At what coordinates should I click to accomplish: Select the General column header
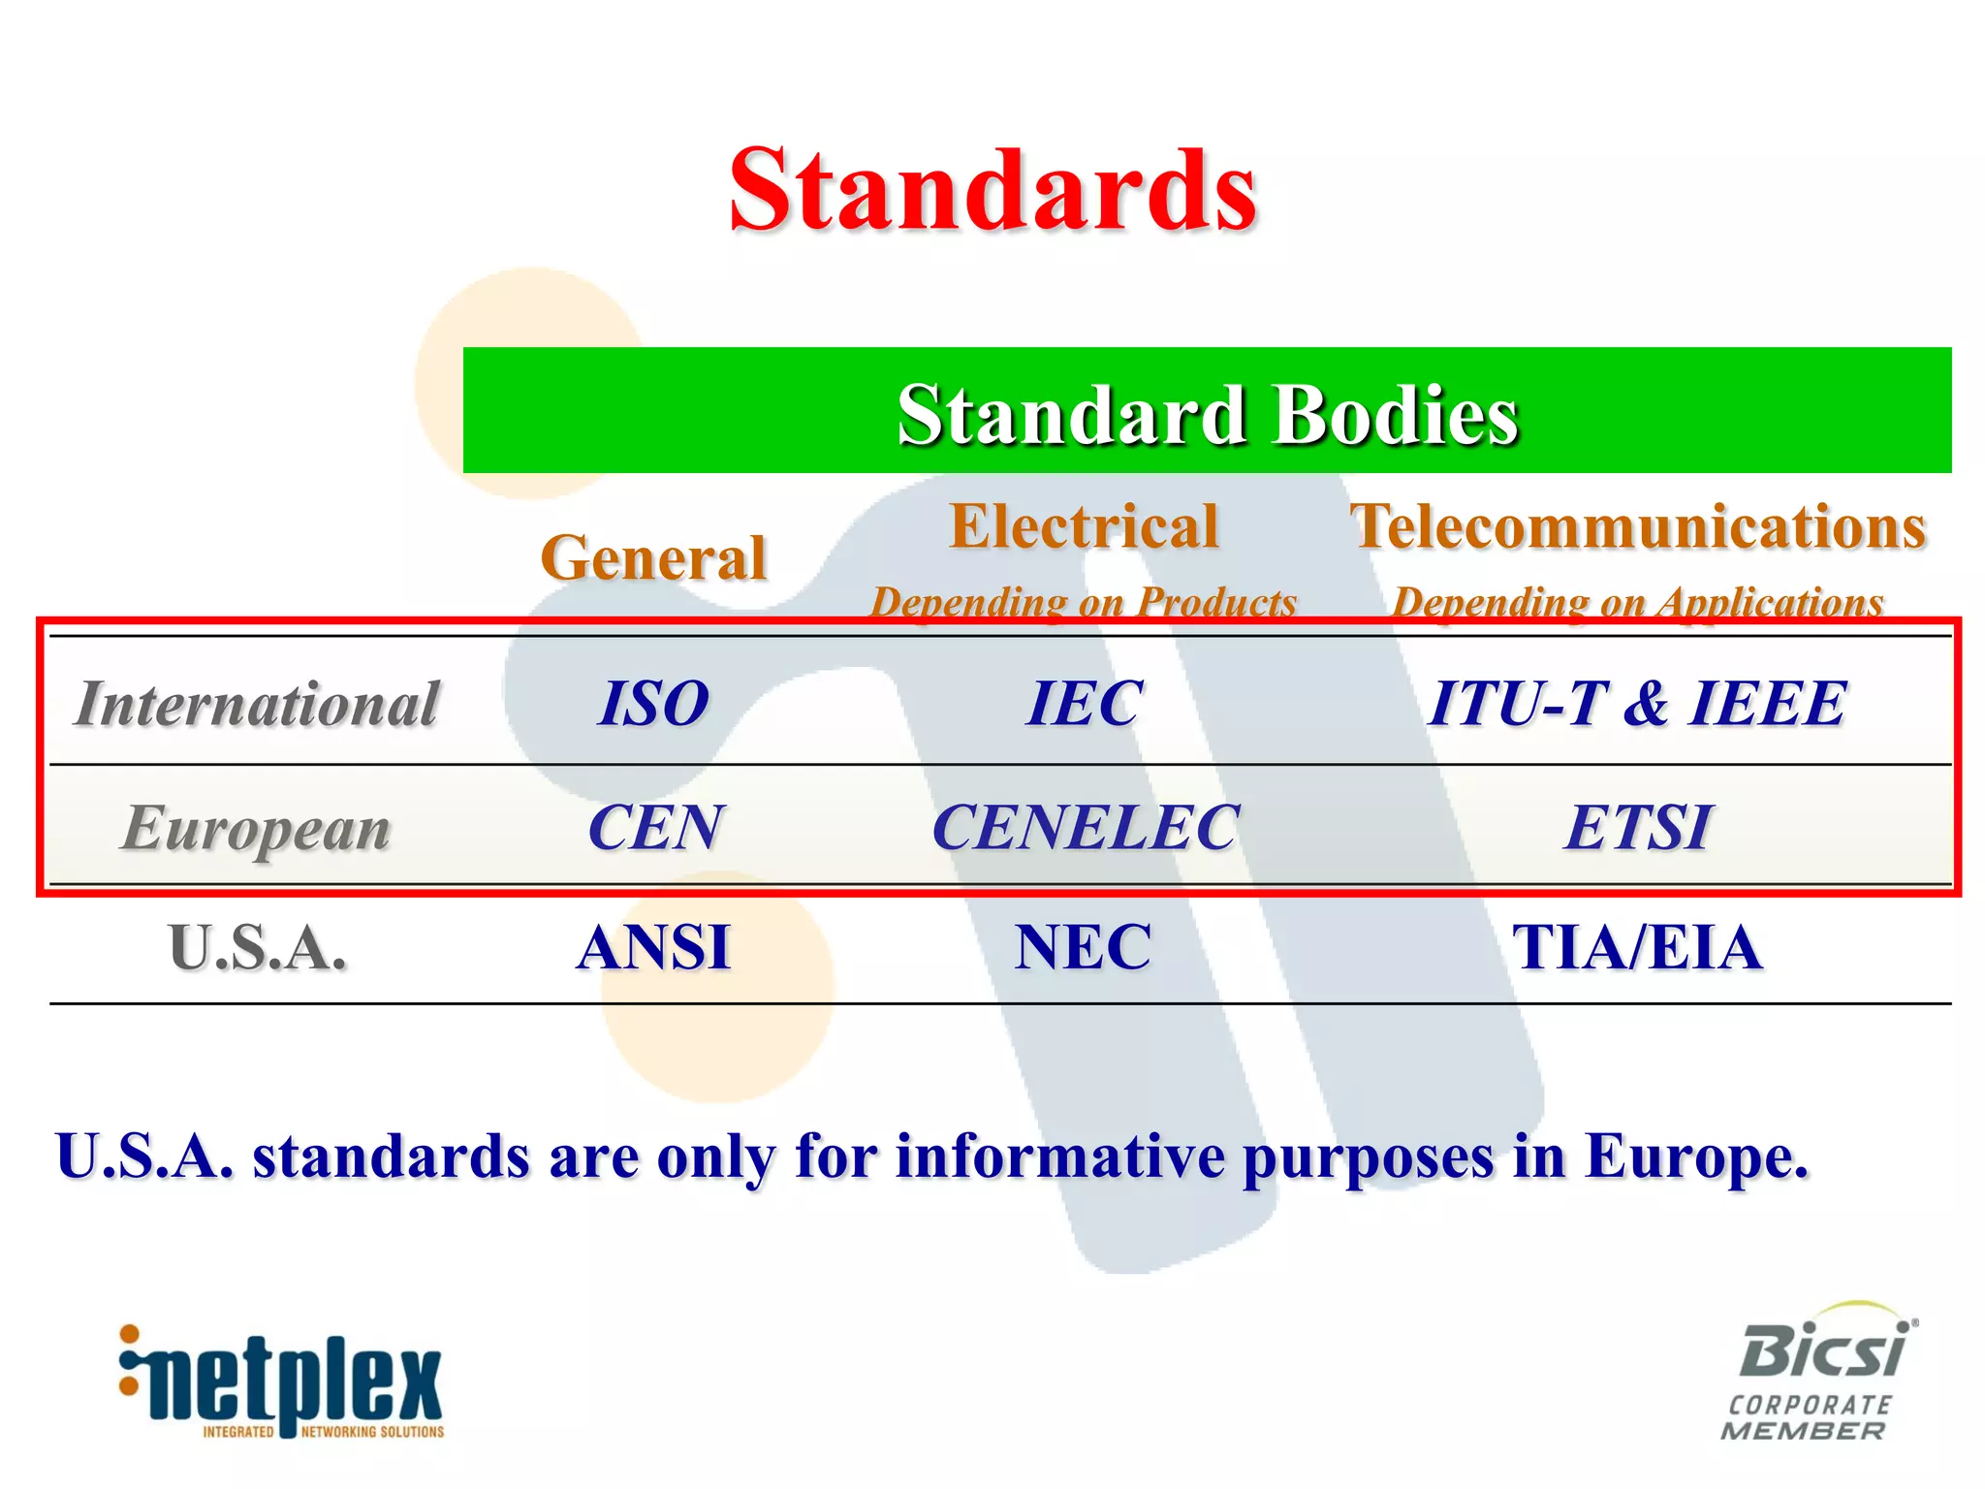(x=653, y=557)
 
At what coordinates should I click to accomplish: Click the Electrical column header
(x=1084, y=526)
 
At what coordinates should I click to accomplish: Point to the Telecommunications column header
(x=1638, y=526)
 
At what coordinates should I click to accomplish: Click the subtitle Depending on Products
(x=1084, y=602)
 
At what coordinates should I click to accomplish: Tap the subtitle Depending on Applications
(x=1638, y=602)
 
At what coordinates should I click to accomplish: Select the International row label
(x=257, y=703)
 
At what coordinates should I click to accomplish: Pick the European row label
(x=257, y=829)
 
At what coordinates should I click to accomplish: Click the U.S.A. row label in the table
(x=257, y=947)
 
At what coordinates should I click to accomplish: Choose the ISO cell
(x=653, y=703)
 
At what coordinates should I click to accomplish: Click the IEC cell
(x=1084, y=703)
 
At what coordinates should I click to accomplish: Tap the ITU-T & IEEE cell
(x=1638, y=703)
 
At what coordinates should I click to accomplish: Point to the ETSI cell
(x=1638, y=828)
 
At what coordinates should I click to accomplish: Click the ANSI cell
(x=653, y=947)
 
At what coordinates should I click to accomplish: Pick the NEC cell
(x=1084, y=947)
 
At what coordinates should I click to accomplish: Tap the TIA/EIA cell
(x=1638, y=947)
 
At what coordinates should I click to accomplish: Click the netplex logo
(x=281, y=1381)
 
